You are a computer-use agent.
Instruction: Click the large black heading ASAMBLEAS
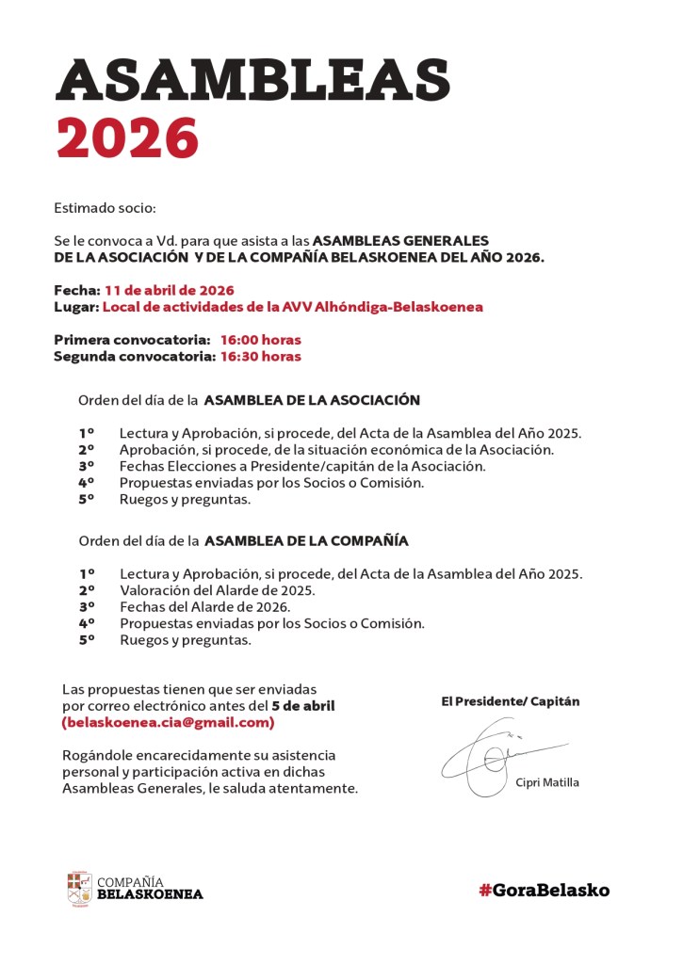pyautogui.click(x=252, y=79)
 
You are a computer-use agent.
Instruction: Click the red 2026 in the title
pyautogui.click(x=127, y=137)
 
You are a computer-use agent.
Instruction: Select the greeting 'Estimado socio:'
pyautogui.click(x=105, y=206)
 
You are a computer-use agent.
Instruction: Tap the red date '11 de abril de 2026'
pyautogui.click(x=170, y=290)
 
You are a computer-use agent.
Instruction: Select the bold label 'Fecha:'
pyautogui.click(x=76, y=290)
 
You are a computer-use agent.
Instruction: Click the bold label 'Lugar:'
pyautogui.click(x=76, y=307)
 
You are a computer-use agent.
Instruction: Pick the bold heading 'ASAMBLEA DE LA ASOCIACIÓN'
pyautogui.click(x=312, y=400)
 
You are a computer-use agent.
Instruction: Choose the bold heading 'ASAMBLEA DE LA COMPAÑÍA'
pyautogui.click(x=306, y=541)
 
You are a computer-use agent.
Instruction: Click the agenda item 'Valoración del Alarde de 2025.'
pyautogui.click(x=217, y=590)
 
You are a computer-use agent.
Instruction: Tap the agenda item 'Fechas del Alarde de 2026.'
pyautogui.click(x=204, y=607)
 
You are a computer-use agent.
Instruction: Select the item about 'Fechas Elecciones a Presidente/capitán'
pyautogui.click(x=302, y=466)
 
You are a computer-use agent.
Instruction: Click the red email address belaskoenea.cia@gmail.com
pyautogui.click(x=168, y=723)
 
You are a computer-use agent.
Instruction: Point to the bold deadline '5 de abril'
pyautogui.click(x=302, y=706)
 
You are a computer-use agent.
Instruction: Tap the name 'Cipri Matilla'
pyautogui.click(x=547, y=782)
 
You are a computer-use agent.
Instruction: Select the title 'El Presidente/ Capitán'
pyautogui.click(x=511, y=701)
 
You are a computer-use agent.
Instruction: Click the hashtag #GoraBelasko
pyautogui.click(x=544, y=890)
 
